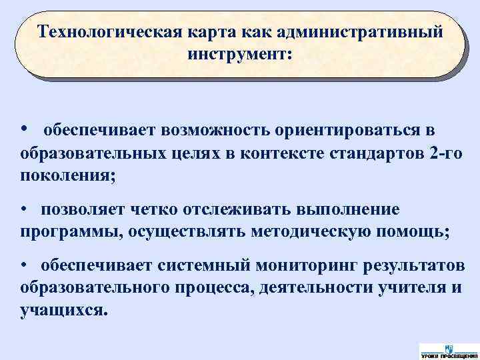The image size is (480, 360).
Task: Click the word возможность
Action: (x=203, y=129)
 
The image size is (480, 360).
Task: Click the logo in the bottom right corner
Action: (x=449, y=350)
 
